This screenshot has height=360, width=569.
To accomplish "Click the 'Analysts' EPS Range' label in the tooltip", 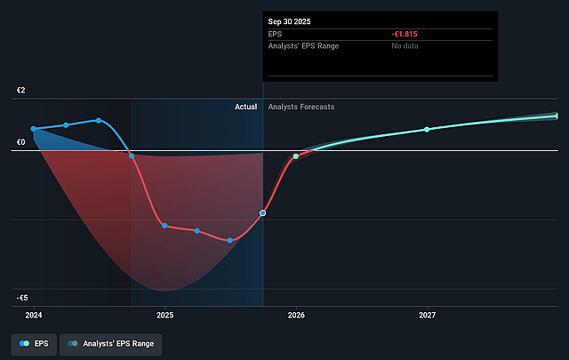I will tap(303, 45).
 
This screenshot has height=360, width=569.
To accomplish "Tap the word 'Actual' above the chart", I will tap(245, 107).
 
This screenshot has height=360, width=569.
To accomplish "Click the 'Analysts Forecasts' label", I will tap(301, 107).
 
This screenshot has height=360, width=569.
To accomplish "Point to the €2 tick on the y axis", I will tap(20, 92).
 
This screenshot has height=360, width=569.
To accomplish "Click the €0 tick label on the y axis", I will tap(20, 142).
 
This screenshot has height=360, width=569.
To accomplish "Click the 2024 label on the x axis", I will tap(34, 316).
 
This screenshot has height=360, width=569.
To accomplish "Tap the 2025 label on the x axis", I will tap(165, 316).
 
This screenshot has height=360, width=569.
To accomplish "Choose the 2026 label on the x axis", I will tap(296, 316).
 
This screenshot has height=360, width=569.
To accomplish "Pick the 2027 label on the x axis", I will tap(428, 316).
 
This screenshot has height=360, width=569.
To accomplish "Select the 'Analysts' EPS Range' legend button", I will tap(111, 343).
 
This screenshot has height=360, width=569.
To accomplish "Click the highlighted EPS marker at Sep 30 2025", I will tap(262, 213).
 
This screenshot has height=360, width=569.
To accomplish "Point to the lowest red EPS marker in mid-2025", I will tap(229, 240).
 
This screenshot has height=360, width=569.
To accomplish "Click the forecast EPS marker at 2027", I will tap(427, 129).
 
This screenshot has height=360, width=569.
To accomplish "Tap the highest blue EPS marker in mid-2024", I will tap(99, 120).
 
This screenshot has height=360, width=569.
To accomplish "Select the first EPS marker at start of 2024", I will tap(34, 129).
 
